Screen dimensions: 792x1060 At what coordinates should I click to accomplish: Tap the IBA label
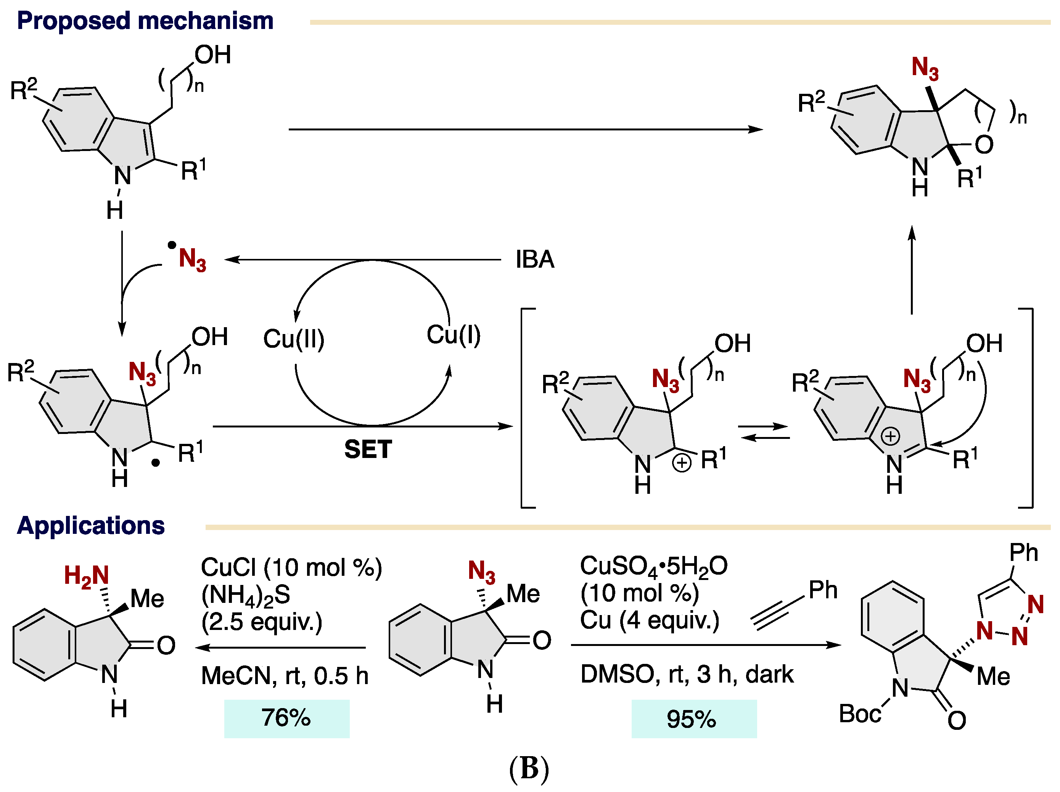point(535,259)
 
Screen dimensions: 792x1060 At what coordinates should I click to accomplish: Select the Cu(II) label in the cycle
point(294,339)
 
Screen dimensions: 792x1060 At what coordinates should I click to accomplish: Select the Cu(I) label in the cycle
point(453,334)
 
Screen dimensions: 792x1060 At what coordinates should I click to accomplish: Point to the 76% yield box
point(286,718)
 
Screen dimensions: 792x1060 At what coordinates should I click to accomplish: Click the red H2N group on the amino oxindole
point(87,576)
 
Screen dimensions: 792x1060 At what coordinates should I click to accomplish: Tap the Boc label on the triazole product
point(860,714)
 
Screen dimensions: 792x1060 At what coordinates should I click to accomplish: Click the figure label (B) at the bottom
point(529,768)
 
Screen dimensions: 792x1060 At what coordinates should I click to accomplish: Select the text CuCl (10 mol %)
point(291,568)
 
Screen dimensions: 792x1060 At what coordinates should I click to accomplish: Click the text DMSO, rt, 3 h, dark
point(687,674)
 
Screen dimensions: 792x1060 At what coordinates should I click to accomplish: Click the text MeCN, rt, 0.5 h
point(285,676)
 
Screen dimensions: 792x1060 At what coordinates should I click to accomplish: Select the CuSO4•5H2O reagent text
point(654,566)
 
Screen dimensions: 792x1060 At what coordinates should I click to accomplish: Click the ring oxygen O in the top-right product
point(984,145)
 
